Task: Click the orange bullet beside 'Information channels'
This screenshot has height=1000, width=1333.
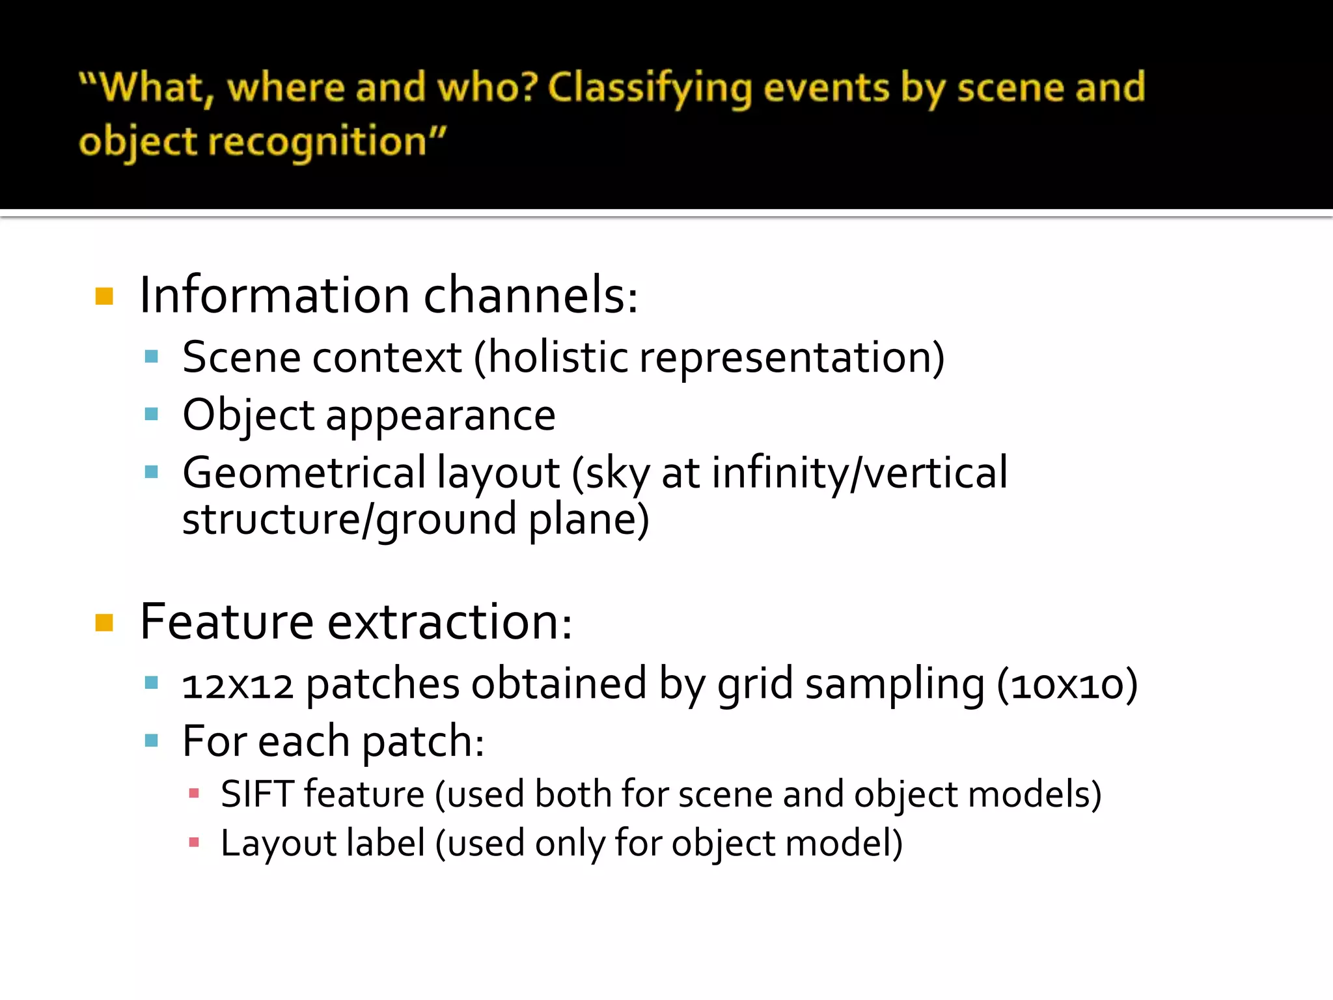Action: tap(104, 297)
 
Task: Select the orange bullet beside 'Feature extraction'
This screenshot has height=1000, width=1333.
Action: tap(104, 623)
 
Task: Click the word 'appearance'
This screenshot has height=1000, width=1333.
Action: tap(441, 415)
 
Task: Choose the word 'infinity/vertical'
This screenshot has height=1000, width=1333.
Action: tap(859, 473)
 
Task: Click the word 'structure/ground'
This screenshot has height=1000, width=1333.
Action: tap(349, 520)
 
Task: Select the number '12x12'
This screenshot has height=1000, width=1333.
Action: tap(238, 685)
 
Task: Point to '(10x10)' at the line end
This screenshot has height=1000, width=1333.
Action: tap(1067, 685)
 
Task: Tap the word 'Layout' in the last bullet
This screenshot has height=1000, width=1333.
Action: tap(278, 843)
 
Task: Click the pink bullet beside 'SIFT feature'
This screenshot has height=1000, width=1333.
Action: tap(193, 794)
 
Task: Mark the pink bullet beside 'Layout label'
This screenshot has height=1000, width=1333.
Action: tap(193, 842)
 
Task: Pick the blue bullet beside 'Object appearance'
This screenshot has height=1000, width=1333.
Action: tap(152, 414)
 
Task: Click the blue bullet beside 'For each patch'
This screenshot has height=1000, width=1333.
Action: tap(152, 740)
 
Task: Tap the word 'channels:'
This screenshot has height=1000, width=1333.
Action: tap(530, 296)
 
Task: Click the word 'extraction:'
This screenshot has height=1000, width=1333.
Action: tap(449, 622)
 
